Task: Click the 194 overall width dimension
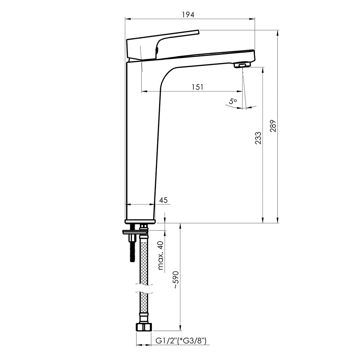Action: tap(188, 15)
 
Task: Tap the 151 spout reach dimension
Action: tap(197, 87)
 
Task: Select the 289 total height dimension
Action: tap(273, 126)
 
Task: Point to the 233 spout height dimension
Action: tap(258, 138)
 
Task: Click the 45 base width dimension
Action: tap(163, 200)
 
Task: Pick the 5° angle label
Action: tap(233, 101)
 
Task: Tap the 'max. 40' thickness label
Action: tap(161, 255)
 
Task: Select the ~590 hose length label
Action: tap(176, 280)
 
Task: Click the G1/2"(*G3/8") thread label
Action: tap(181, 341)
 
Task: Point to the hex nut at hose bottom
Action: tap(144, 327)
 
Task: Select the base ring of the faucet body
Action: tap(140, 221)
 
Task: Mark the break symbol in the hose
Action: tap(144, 289)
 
